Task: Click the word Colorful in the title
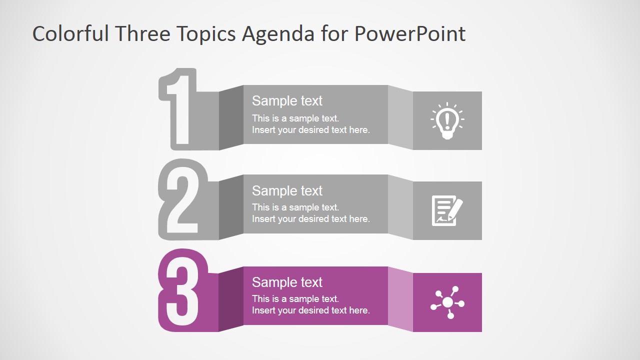[x=70, y=33]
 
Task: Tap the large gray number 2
[x=182, y=200]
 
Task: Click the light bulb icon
[x=447, y=121]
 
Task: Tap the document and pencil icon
[x=447, y=210]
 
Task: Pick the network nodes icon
[x=447, y=302]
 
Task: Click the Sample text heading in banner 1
[x=287, y=101]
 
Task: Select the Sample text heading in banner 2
[x=287, y=191]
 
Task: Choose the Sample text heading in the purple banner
[x=287, y=282]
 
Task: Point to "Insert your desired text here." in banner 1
[x=311, y=130]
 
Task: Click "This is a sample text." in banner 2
[x=295, y=207]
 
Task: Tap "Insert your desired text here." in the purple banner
[x=311, y=310]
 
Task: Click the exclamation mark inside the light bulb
[x=447, y=119]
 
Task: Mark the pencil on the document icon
[x=455, y=210]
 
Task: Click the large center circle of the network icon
[x=447, y=302]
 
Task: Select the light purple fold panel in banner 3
[x=400, y=299]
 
